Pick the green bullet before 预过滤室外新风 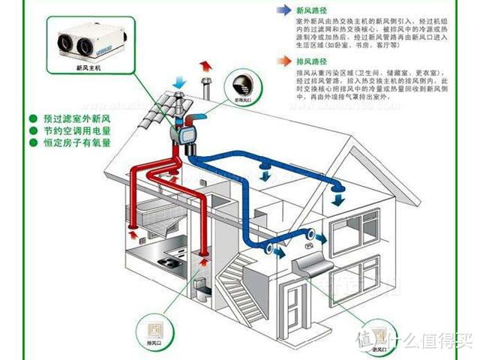click(33, 118)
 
